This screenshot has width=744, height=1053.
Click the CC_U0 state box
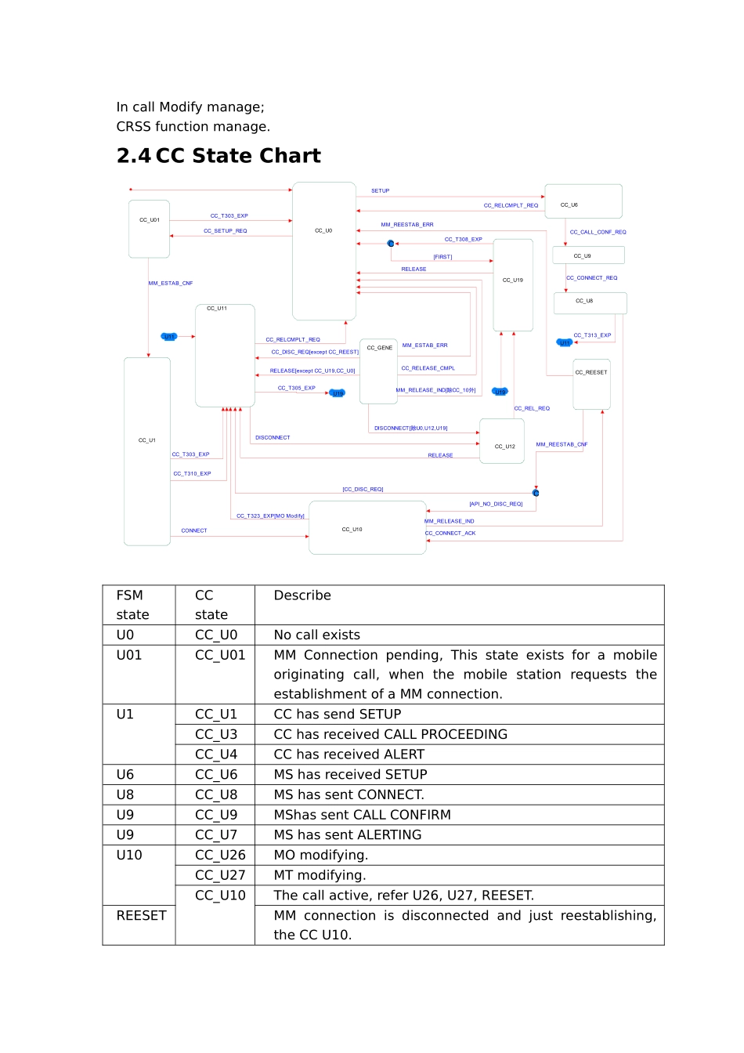pyautogui.click(x=324, y=251)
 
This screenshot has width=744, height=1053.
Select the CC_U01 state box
pyautogui.click(x=150, y=229)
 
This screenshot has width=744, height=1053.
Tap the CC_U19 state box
pyautogui.click(x=513, y=285)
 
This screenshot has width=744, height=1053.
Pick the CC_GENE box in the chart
pyautogui.click(x=379, y=371)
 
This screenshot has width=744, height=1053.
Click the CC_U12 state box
pyautogui.click(x=502, y=441)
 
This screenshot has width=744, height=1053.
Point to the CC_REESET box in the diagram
pyautogui.click(x=591, y=385)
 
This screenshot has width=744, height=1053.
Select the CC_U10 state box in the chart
pyautogui.click(x=367, y=528)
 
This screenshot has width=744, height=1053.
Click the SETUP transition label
pyautogui.click(x=380, y=190)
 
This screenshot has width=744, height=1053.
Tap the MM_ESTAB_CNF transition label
pyautogui.click(x=171, y=283)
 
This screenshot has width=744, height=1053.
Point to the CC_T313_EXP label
pyautogui.click(x=592, y=335)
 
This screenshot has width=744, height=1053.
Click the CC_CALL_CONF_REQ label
pyautogui.click(x=598, y=232)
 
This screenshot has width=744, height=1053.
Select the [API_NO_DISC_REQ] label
pyautogui.click(x=496, y=504)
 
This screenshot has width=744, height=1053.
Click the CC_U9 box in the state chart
pyautogui.click(x=588, y=255)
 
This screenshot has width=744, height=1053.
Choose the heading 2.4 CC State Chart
pyautogui.click(x=219, y=156)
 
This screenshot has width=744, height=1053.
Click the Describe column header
pyautogui.click(x=302, y=595)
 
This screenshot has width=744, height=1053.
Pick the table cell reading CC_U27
pyautogui.click(x=220, y=875)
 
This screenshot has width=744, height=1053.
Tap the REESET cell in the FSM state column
pyautogui.click(x=142, y=915)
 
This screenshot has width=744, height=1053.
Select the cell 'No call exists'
pyautogui.click(x=317, y=635)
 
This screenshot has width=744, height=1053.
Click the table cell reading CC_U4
pyautogui.click(x=216, y=754)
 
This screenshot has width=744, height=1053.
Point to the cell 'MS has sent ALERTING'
pyautogui.click(x=348, y=835)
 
